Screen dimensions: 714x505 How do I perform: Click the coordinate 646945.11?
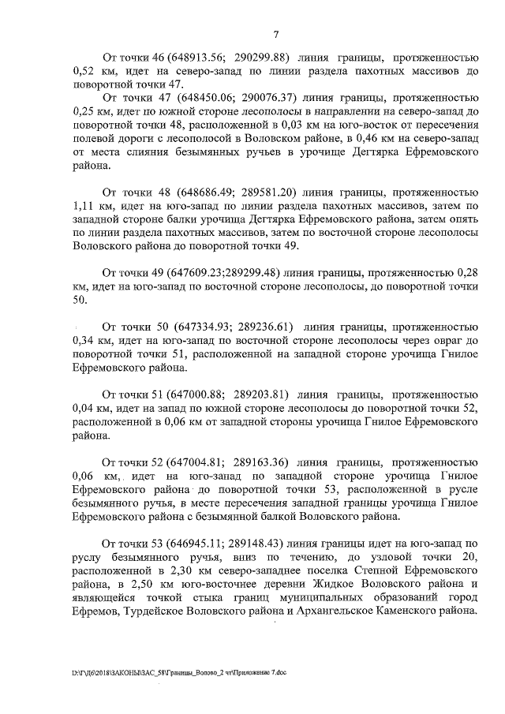click(189, 543)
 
